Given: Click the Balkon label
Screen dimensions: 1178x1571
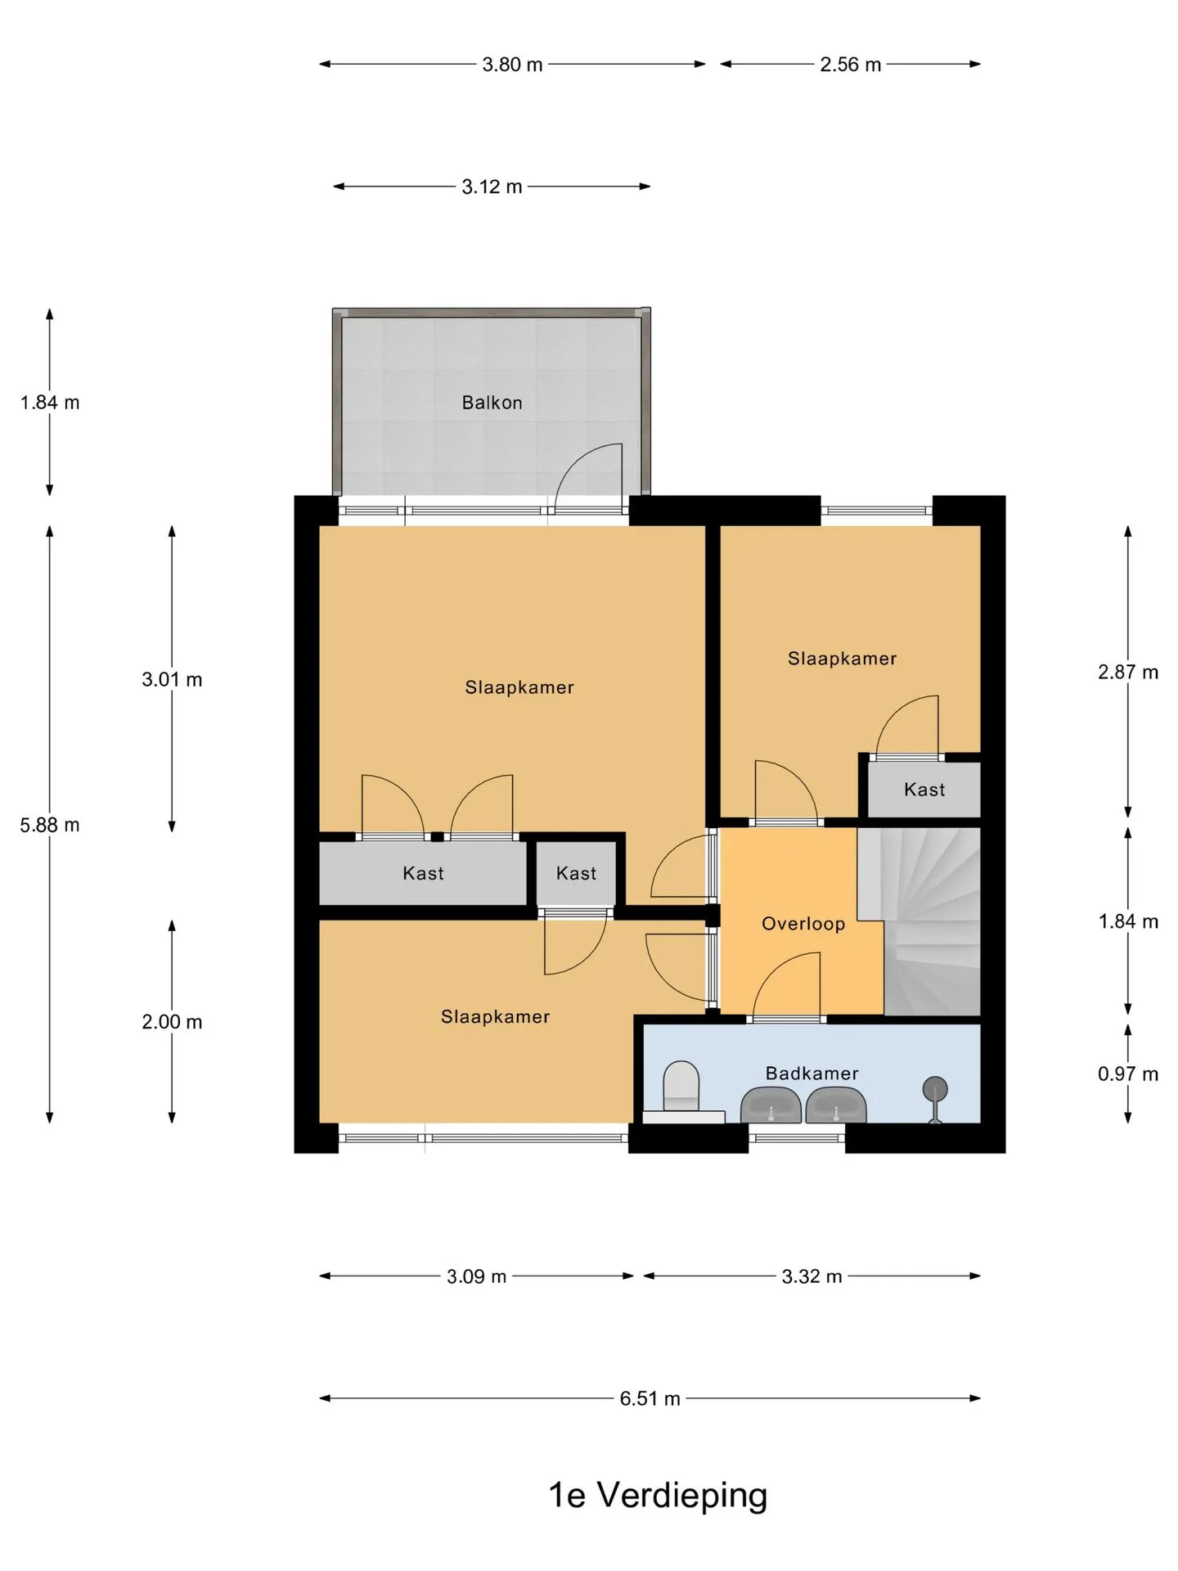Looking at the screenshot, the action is coord(492,403).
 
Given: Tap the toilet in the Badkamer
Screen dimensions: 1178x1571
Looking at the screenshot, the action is coord(681,1087).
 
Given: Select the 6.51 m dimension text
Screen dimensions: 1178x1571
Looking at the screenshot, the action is coord(650,1398).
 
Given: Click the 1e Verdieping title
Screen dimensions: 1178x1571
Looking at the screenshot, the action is coord(658,1495).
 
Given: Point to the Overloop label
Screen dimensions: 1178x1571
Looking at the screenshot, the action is coord(803,924).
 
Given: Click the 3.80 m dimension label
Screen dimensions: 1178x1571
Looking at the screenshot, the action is coord(512,65).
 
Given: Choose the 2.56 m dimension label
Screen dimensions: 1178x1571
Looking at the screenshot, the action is coord(851,65).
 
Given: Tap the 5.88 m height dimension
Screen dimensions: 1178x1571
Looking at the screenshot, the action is coord(50,825).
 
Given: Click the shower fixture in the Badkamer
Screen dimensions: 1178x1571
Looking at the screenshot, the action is coord(935,1099).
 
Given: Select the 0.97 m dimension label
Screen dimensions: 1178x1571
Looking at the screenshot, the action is coord(1128,1074).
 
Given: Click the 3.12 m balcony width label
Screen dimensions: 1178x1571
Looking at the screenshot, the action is coord(492,187).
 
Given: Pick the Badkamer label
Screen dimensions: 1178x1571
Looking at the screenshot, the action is coord(812,1073).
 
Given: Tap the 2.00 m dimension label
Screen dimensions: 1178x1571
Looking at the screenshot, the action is coord(172,1022).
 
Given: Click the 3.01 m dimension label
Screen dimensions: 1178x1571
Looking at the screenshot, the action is coord(172,679).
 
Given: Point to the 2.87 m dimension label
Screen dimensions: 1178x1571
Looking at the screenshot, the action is coord(1128,672).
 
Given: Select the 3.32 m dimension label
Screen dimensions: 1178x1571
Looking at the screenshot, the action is coord(812,1276).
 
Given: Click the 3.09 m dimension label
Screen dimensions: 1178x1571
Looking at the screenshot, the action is coord(476,1276).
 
